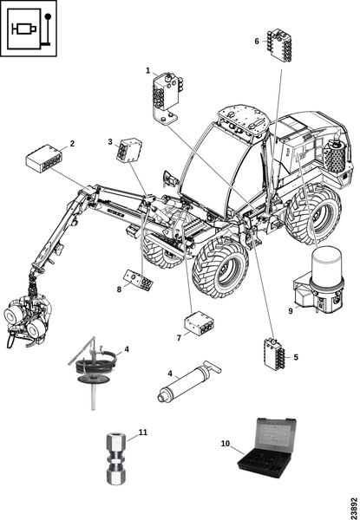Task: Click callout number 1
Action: click(x=148, y=71)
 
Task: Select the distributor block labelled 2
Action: click(x=43, y=159)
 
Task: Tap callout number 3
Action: click(x=110, y=142)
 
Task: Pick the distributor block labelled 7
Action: click(x=199, y=322)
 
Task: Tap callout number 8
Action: click(x=119, y=289)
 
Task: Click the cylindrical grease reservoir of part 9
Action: click(x=327, y=264)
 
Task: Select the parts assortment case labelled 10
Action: click(x=267, y=445)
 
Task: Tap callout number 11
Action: click(x=143, y=432)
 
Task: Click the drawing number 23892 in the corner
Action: click(x=355, y=507)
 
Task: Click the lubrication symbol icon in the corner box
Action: click(x=29, y=29)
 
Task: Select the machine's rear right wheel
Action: click(x=313, y=216)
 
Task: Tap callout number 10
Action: click(x=226, y=444)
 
